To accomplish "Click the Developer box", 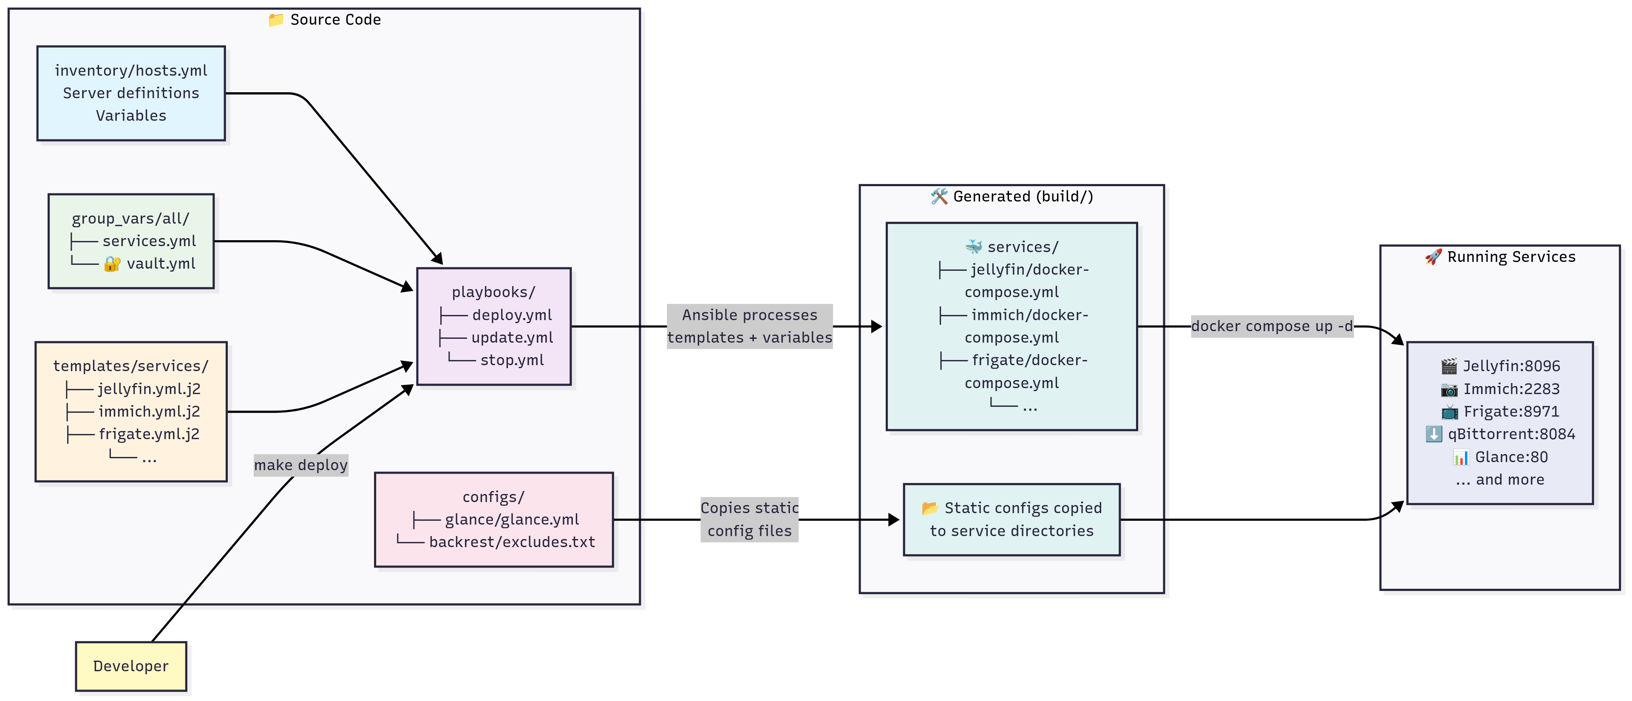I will tap(130, 666).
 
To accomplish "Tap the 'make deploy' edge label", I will tap(301, 465).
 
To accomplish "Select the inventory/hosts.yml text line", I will tap(130, 70).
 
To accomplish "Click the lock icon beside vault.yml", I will tap(112, 264).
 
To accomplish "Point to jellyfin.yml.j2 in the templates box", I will tap(149, 389).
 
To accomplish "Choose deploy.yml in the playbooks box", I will tap(512, 315).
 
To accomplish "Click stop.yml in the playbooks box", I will tap(512, 360).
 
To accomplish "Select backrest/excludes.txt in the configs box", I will tap(512, 542).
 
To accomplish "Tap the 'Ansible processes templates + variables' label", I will tap(749, 326).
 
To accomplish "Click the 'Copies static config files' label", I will tap(749, 519).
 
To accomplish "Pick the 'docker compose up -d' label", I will tap(1272, 326).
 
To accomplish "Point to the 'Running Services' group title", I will tap(1510, 257).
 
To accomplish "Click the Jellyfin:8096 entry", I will tap(1510, 366).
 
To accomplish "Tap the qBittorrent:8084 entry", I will tap(1510, 434).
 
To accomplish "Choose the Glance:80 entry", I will tap(1510, 457).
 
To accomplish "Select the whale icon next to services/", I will tap(974, 247).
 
